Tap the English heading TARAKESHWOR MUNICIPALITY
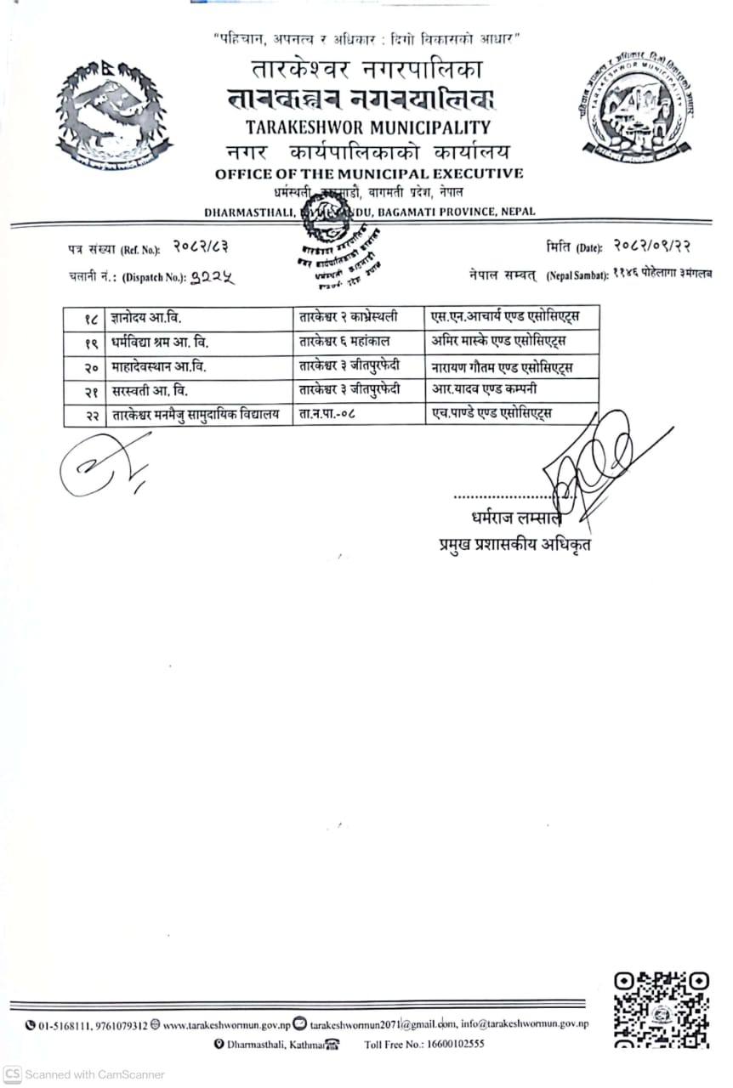[x=368, y=128]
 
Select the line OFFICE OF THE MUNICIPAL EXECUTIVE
[x=368, y=174]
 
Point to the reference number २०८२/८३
[x=201, y=247]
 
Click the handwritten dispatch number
[x=212, y=275]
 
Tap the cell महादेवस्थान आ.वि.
[x=159, y=367]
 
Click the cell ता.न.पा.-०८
[x=328, y=415]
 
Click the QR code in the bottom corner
[x=661, y=1009]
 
